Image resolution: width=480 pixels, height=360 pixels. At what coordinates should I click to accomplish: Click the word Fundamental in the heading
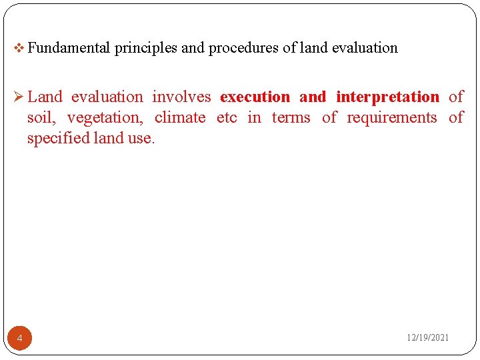[69, 48]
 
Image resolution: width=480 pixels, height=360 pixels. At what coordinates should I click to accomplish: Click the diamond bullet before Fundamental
[19, 48]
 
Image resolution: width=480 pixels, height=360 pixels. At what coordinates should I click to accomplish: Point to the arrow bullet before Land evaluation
[19, 97]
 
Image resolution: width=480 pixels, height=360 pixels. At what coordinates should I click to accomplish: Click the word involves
[181, 97]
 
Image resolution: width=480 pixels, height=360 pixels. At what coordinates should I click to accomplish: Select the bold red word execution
[255, 97]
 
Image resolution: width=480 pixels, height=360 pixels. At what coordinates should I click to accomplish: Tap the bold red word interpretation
[387, 97]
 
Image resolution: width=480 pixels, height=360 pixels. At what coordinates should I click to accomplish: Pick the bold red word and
[313, 97]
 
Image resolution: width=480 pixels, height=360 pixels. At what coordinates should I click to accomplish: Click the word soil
[41, 118]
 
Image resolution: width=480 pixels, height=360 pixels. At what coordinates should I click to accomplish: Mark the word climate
[180, 118]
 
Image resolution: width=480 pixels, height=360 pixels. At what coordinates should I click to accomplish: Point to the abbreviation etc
[227, 118]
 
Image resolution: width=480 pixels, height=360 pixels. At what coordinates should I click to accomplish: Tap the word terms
[291, 118]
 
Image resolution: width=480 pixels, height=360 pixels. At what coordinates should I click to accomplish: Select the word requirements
[391, 119]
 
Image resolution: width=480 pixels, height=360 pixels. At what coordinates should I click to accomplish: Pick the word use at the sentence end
[141, 139]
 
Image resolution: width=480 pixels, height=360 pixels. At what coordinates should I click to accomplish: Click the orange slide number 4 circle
[20, 339]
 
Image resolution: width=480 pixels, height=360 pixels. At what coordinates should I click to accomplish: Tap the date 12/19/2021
[428, 338]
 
